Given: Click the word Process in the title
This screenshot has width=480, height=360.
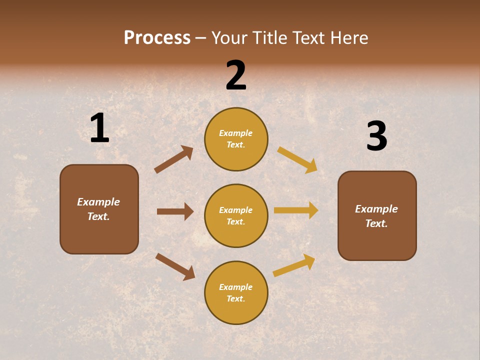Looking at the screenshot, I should coord(157,37).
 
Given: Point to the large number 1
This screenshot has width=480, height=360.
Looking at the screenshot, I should coord(99,128).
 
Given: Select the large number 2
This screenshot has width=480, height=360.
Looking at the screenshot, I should coord(236,75).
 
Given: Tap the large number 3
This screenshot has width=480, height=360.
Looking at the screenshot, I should coord(376,136).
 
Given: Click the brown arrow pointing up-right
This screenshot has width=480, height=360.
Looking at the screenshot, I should coord(173,159).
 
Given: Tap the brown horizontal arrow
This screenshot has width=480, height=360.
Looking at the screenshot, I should coord(175,211).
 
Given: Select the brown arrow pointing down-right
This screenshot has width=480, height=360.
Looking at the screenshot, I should coord(175,266).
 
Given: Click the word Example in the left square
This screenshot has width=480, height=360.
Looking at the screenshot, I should coord(98,202).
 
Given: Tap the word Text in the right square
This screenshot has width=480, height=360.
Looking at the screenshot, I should coord(375,223).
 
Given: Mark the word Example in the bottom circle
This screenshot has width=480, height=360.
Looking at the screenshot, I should coord(236,287).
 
